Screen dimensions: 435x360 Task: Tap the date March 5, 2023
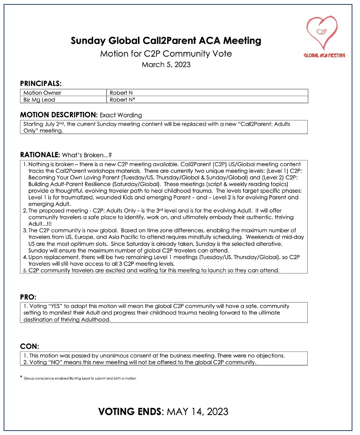point(166,65)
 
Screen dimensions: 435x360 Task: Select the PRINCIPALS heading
point(41,83)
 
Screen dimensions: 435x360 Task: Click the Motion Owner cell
point(43,93)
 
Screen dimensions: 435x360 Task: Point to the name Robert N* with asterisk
point(123,100)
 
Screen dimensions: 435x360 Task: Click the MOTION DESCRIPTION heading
point(59,115)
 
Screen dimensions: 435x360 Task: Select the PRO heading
point(28,296)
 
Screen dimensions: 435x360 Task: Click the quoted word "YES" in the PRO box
point(59,306)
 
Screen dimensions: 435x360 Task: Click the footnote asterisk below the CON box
point(21,377)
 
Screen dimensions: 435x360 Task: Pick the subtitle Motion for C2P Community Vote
point(166,54)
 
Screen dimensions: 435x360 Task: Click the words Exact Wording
point(121,115)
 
